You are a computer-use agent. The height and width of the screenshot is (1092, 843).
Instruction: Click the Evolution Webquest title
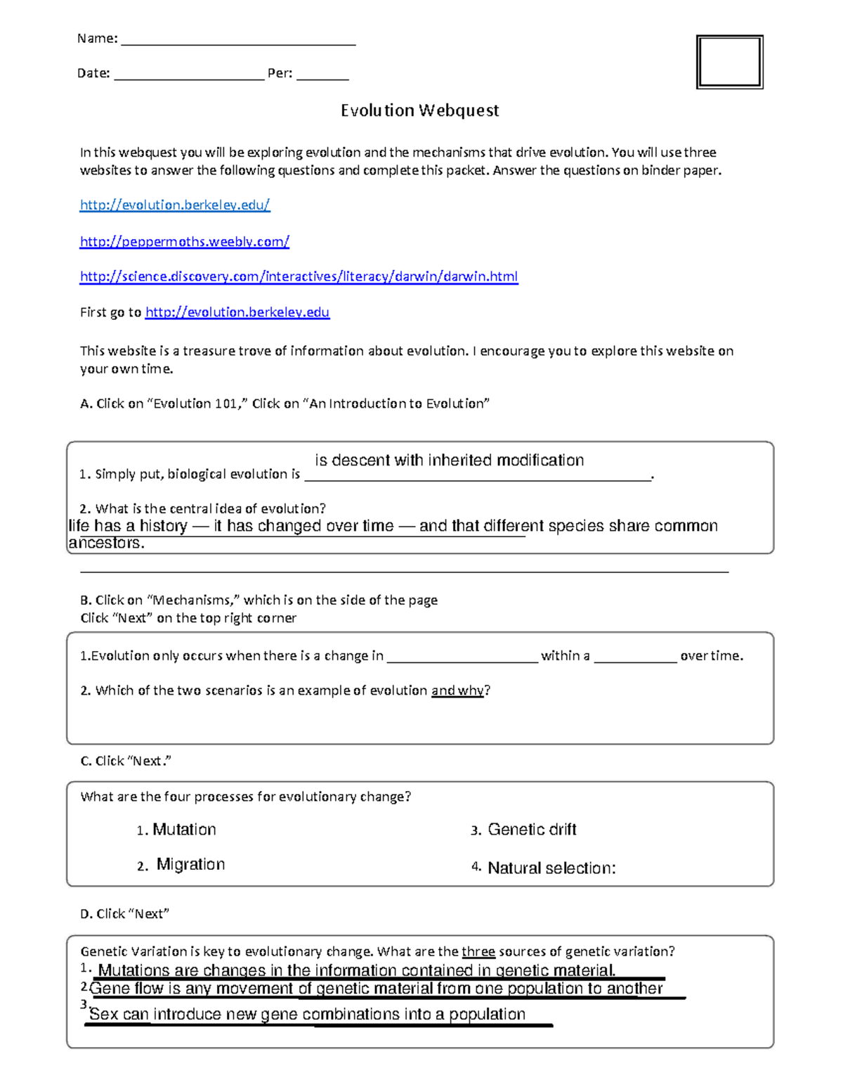point(419,110)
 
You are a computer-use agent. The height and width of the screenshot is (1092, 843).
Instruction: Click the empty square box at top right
point(729,62)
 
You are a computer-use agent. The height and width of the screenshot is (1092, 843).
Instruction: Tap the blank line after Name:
point(238,41)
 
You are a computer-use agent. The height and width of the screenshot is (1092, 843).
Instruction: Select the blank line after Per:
point(322,75)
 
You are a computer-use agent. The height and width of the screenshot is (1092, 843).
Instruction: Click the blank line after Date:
point(189,75)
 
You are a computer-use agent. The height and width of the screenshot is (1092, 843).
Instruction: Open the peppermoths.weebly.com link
point(184,241)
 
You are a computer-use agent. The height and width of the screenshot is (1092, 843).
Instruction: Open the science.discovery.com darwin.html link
point(299,276)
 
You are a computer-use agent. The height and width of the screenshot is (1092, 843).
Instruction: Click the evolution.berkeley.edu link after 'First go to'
point(237,312)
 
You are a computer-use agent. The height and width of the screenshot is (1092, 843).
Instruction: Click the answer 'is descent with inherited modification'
point(449,461)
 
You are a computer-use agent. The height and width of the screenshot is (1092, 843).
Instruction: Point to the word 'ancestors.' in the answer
point(106,544)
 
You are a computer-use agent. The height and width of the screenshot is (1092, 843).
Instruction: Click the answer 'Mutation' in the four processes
point(184,830)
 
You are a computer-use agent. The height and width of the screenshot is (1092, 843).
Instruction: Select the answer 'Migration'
point(190,864)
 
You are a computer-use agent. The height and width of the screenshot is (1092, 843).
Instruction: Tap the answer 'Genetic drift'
point(532,830)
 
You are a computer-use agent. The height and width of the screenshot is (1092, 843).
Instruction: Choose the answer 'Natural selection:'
point(551,868)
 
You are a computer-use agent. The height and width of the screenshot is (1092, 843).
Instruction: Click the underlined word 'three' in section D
point(478,951)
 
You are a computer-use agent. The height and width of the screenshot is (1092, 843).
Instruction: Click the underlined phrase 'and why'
point(457,690)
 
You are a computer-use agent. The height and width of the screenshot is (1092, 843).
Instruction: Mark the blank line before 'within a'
point(462,658)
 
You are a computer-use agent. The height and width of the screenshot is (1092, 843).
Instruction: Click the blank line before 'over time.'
point(635,658)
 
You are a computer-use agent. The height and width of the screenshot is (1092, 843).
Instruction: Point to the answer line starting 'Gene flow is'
point(376,989)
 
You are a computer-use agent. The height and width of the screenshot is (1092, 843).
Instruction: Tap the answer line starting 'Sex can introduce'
point(307,1014)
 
